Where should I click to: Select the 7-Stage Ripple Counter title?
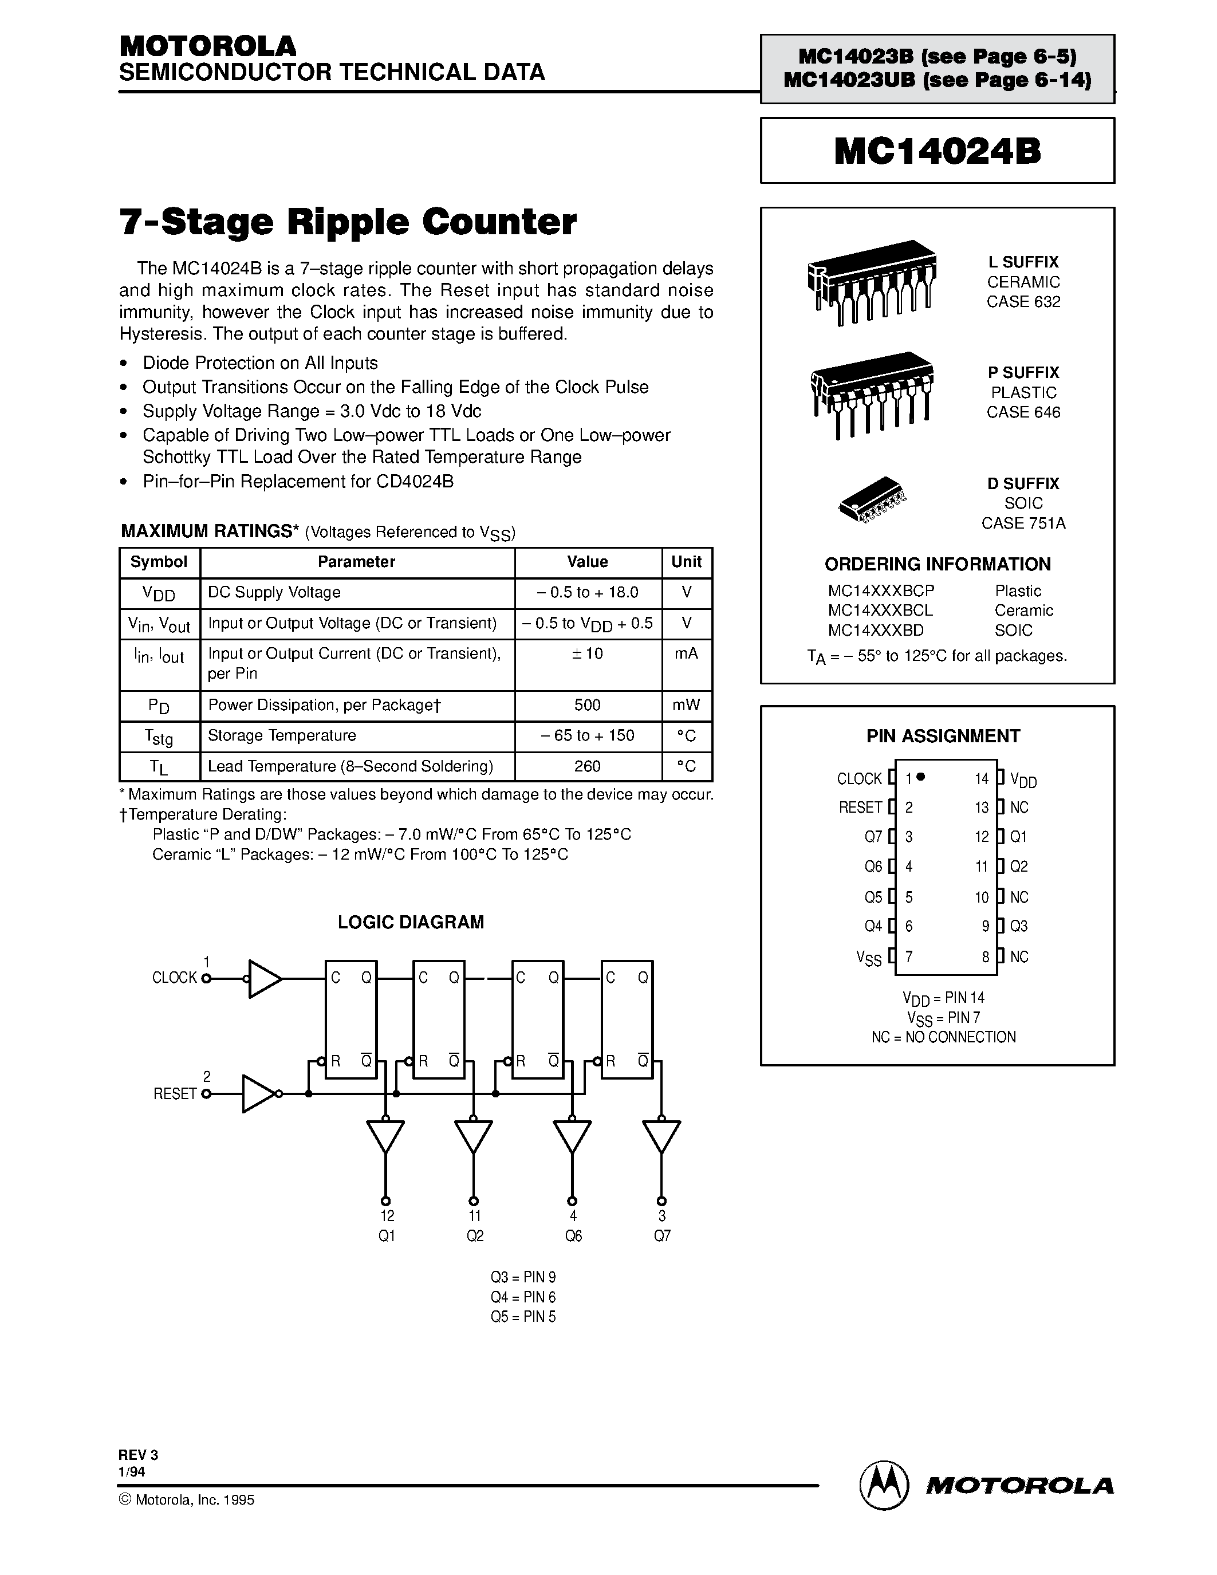(x=348, y=222)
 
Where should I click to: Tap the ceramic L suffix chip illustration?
(x=871, y=281)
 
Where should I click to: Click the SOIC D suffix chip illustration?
(x=872, y=499)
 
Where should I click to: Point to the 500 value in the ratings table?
(x=587, y=705)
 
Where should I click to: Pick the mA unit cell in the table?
(x=686, y=653)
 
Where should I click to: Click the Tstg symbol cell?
(x=159, y=737)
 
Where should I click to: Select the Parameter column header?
(x=356, y=562)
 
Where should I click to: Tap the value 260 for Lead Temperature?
(x=587, y=766)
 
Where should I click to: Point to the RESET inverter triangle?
(x=257, y=1094)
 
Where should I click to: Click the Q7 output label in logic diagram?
(x=662, y=1236)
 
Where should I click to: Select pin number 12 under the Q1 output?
(x=387, y=1216)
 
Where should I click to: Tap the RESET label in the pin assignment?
(x=860, y=808)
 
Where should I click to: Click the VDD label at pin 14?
(x=1023, y=779)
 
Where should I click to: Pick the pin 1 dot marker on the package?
(x=921, y=777)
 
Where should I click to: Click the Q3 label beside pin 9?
(x=1018, y=926)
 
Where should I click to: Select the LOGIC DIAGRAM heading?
(x=410, y=922)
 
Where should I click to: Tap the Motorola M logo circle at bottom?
(x=882, y=1486)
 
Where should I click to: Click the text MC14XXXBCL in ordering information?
(x=880, y=610)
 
